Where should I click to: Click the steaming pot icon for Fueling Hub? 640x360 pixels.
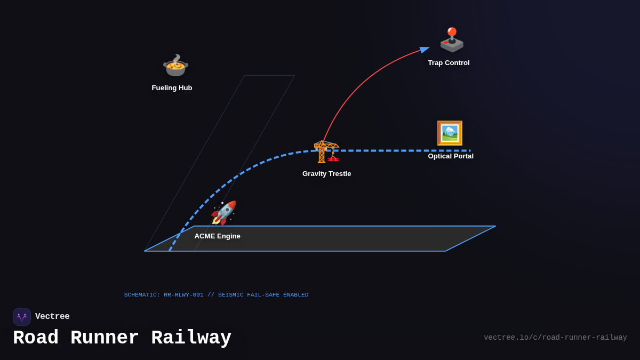pyautogui.click(x=175, y=66)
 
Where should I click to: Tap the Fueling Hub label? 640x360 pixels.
pyautogui.click(x=172, y=88)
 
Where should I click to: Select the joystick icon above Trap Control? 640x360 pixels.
pyautogui.click(x=451, y=40)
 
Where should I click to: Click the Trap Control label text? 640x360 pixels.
pyautogui.click(x=449, y=63)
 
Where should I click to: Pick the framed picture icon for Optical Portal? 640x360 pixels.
pyautogui.click(x=450, y=133)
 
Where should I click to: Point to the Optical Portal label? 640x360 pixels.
pyautogui.click(x=451, y=156)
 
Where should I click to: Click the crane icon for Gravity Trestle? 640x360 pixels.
pyautogui.click(x=326, y=151)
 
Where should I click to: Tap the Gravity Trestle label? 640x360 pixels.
pyautogui.click(x=326, y=174)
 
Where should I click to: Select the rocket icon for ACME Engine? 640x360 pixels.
pyautogui.click(x=223, y=213)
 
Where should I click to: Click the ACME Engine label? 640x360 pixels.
pyautogui.click(x=217, y=236)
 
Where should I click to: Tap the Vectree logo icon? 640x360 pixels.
pyautogui.click(x=22, y=317)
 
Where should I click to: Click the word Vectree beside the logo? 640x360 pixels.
pyautogui.click(x=52, y=317)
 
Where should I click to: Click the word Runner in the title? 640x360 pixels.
pyautogui.click(x=105, y=338)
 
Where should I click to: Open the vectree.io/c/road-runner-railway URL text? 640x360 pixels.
pyautogui.click(x=555, y=338)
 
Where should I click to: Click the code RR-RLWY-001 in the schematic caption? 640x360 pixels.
pyautogui.click(x=183, y=295)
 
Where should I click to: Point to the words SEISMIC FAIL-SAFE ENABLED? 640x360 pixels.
pyautogui.click(x=263, y=295)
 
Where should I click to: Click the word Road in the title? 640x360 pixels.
pyautogui.click(x=35, y=338)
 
